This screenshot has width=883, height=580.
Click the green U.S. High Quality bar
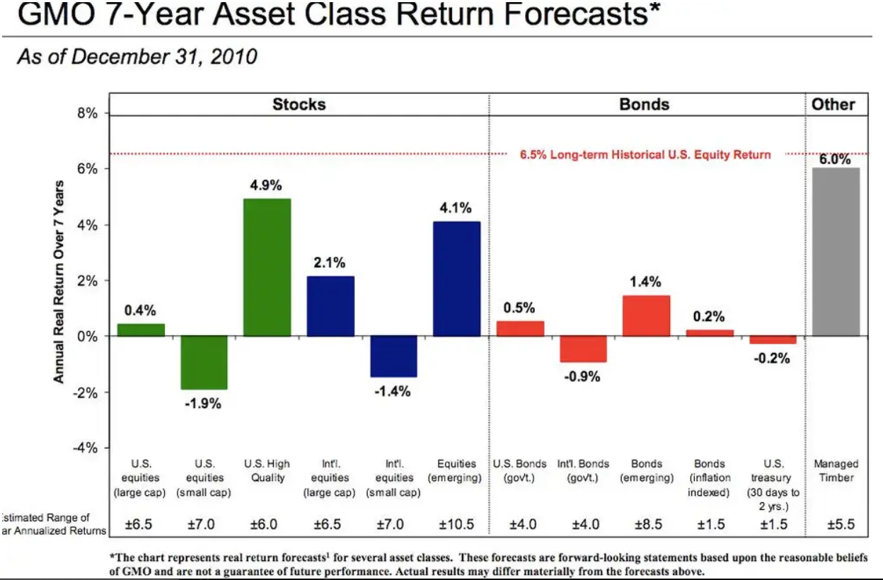click(267, 267)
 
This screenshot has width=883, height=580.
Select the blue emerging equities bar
click(456, 279)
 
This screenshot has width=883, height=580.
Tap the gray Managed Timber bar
click(836, 251)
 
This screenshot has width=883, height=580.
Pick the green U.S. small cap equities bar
click(204, 362)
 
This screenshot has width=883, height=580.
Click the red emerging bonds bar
click(646, 315)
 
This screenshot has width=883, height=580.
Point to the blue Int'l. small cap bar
click(393, 356)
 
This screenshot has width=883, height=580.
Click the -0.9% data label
click(582, 376)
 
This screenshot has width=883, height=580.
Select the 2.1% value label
click(330, 263)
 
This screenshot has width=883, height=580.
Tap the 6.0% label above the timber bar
click(835, 159)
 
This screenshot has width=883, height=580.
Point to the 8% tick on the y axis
click(87, 113)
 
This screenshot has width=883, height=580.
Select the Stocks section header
click(299, 105)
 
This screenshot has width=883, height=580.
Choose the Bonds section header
click(644, 105)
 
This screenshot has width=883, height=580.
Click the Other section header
click(833, 105)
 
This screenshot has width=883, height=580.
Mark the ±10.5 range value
click(456, 525)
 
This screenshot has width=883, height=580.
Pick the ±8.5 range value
click(646, 525)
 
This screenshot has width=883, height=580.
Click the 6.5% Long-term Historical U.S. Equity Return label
click(645, 154)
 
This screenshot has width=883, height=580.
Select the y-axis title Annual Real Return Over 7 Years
click(59, 282)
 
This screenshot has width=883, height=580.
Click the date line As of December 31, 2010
click(137, 56)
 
